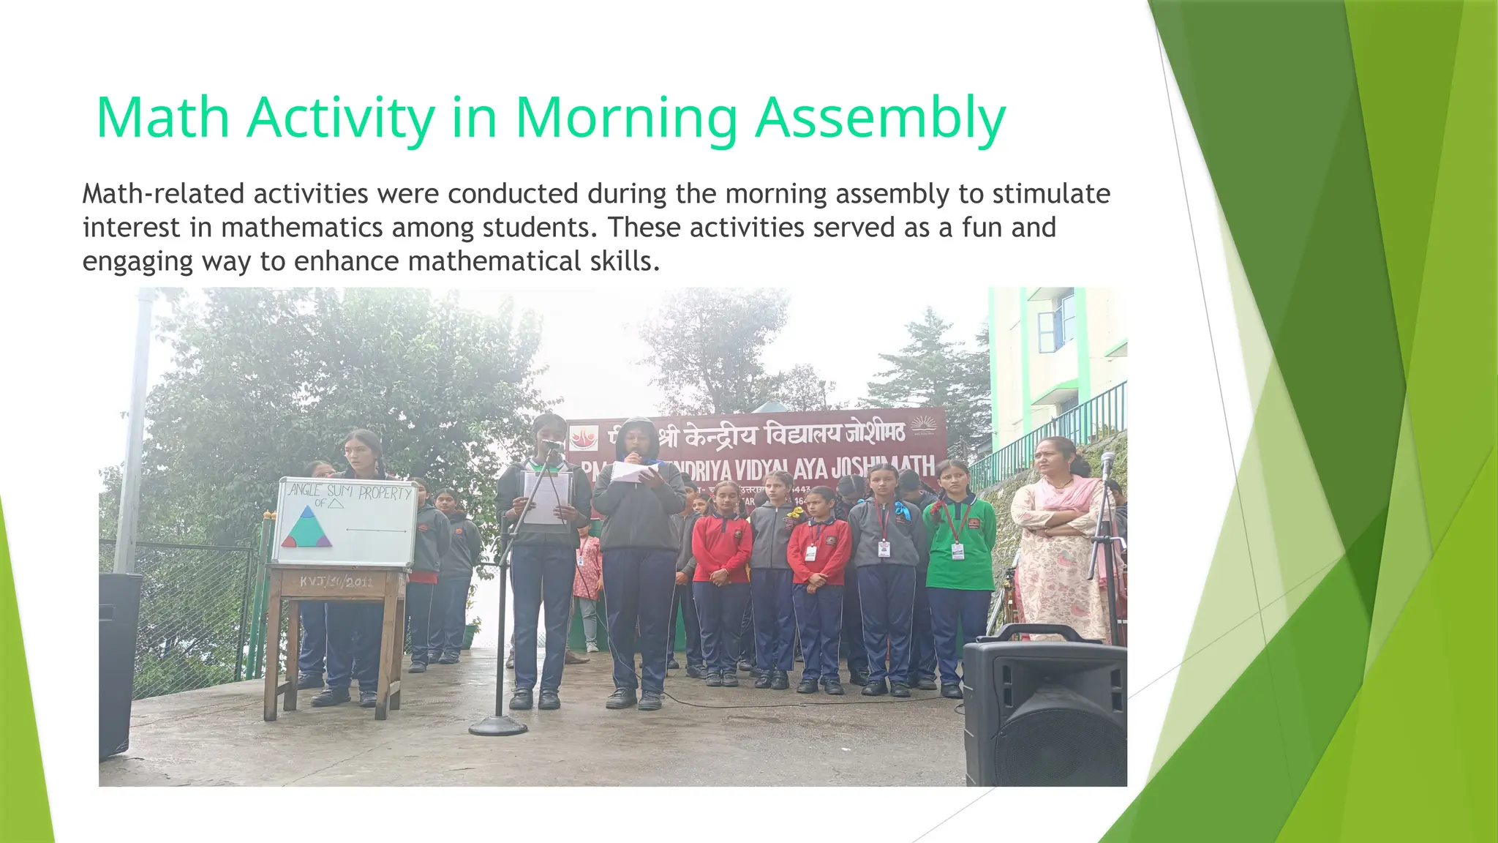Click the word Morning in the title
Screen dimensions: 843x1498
click(x=626, y=119)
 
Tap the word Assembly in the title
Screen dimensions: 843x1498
click(x=881, y=119)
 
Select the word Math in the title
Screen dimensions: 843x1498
click(x=162, y=119)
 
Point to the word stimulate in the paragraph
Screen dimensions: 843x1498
click(x=1051, y=194)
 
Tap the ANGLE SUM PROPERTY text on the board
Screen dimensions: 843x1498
click(x=350, y=491)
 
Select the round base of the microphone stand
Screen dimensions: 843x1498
click(x=498, y=725)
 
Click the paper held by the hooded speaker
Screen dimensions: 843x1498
click(x=633, y=472)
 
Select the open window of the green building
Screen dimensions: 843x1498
click(x=1056, y=322)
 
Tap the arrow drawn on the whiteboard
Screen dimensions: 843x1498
click(x=376, y=531)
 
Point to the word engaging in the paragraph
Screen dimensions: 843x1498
click(x=138, y=261)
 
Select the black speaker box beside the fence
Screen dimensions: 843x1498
click(x=119, y=662)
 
